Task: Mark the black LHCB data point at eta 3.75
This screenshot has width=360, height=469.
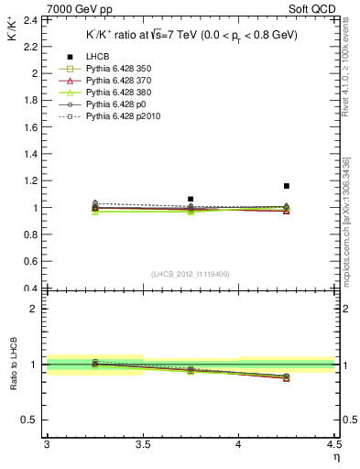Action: [191, 199]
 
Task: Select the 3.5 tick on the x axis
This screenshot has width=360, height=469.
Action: [142, 445]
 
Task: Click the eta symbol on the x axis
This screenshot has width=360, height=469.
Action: [335, 455]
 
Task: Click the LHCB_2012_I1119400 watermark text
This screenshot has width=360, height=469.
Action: [190, 274]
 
